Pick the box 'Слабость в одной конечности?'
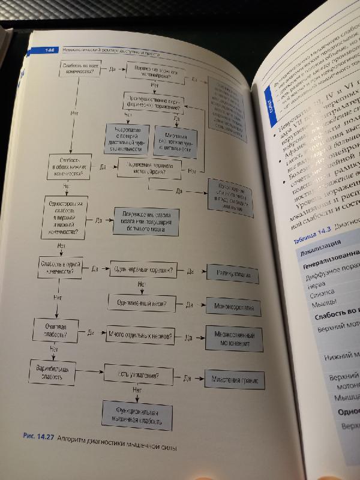pos(60,268)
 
